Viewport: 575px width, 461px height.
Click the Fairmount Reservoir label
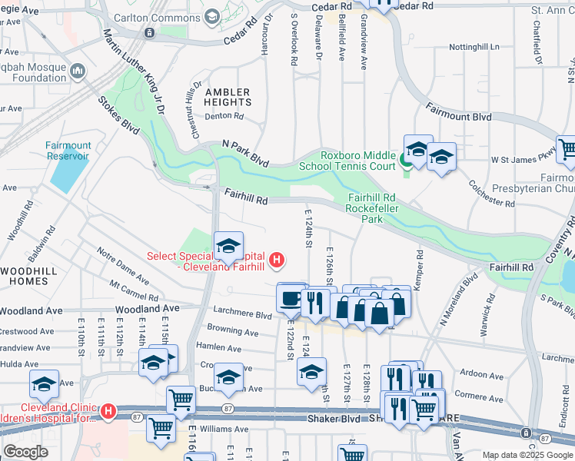click(x=68, y=151)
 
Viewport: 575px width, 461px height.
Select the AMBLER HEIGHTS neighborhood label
click(x=227, y=97)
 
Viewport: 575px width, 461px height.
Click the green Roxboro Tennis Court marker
click(x=405, y=161)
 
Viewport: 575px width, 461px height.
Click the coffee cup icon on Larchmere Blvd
click(x=290, y=298)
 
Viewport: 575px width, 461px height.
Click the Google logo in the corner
click(x=25, y=452)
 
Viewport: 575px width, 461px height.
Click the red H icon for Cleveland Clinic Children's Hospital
click(x=108, y=413)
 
